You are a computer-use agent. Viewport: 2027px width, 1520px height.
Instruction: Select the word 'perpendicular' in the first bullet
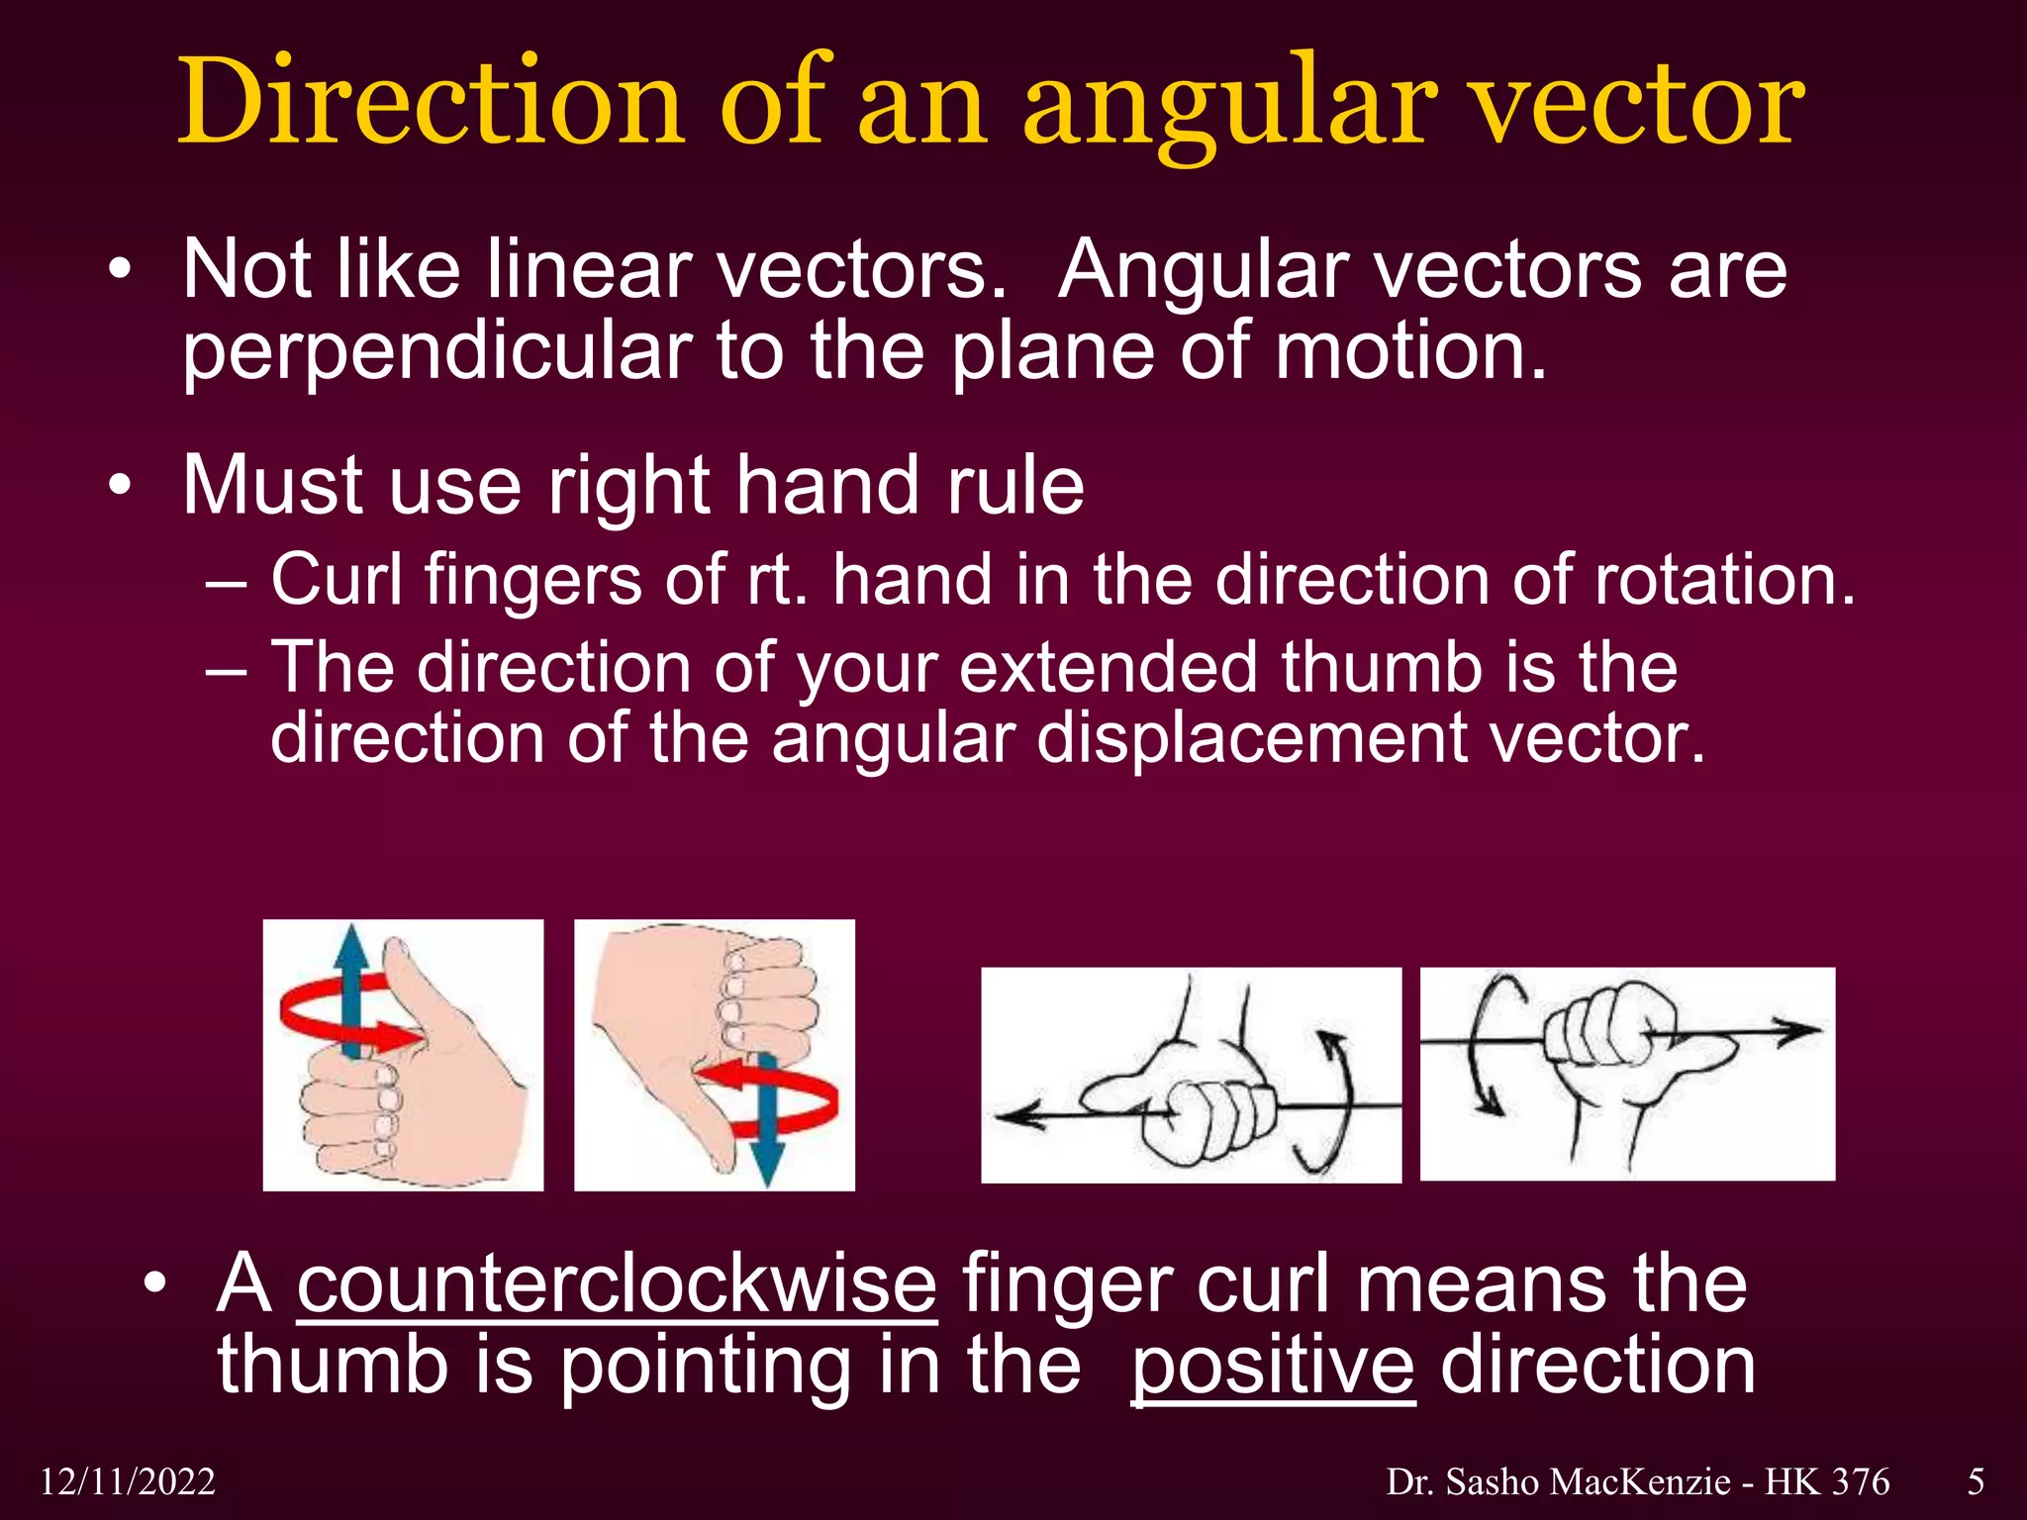click(436, 353)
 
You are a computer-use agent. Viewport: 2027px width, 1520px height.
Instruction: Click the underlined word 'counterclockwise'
click(617, 1283)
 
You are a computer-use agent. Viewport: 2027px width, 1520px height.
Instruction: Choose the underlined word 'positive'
click(1273, 1366)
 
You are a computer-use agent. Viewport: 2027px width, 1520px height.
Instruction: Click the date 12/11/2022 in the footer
click(128, 1482)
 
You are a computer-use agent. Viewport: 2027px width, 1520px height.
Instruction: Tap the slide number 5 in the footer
click(1976, 1482)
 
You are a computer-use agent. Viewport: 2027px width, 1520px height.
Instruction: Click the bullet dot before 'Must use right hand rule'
click(120, 486)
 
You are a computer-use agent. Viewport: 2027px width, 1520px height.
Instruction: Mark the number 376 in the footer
click(1861, 1482)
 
